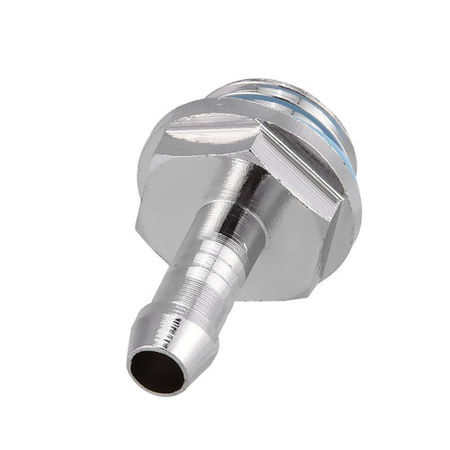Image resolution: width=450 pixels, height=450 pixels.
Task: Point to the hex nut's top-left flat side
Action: click(x=197, y=129)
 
